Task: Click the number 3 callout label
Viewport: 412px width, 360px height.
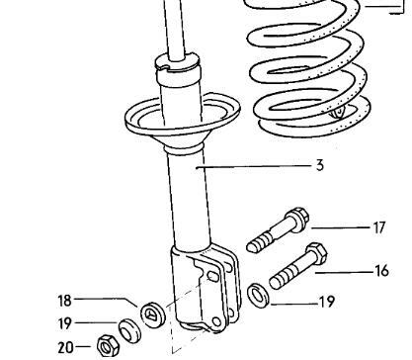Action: (320, 166)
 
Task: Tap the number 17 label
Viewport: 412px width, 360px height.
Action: (378, 227)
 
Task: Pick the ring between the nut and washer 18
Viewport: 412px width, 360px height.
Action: (128, 329)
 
